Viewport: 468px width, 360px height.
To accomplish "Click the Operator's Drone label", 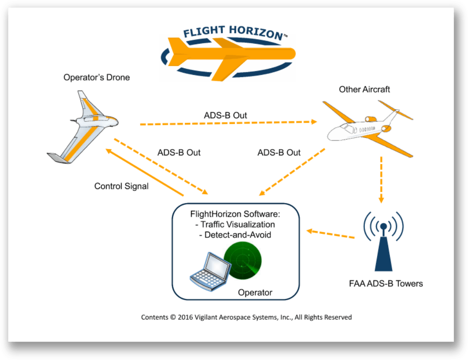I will [x=96, y=77].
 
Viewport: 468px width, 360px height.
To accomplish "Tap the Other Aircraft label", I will [x=364, y=89].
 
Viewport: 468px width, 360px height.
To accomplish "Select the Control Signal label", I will [x=121, y=186].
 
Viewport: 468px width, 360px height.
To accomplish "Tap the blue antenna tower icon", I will [x=383, y=245].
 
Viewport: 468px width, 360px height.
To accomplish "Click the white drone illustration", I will [x=85, y=127].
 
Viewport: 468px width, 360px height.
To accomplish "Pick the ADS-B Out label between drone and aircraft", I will [x=225, y=116].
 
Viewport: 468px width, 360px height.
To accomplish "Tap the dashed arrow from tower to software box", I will [x=331, y=234].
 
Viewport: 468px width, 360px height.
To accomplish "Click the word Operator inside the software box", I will [x=255, y=293].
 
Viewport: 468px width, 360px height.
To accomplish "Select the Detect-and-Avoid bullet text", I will [x=235, y=235].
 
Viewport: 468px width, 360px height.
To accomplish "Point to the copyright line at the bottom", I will [x=246, y=317].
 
